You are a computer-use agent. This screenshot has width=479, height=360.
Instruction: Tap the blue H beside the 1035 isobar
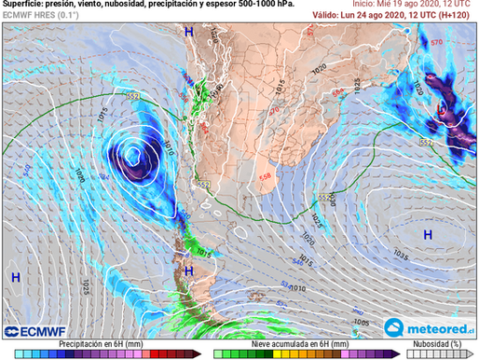(428, 233)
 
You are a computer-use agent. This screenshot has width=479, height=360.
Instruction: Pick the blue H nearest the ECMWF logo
(16, 277)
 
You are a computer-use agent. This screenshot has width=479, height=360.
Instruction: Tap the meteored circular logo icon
(393, 327)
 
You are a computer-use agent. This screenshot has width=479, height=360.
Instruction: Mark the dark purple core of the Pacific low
(133, 154)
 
